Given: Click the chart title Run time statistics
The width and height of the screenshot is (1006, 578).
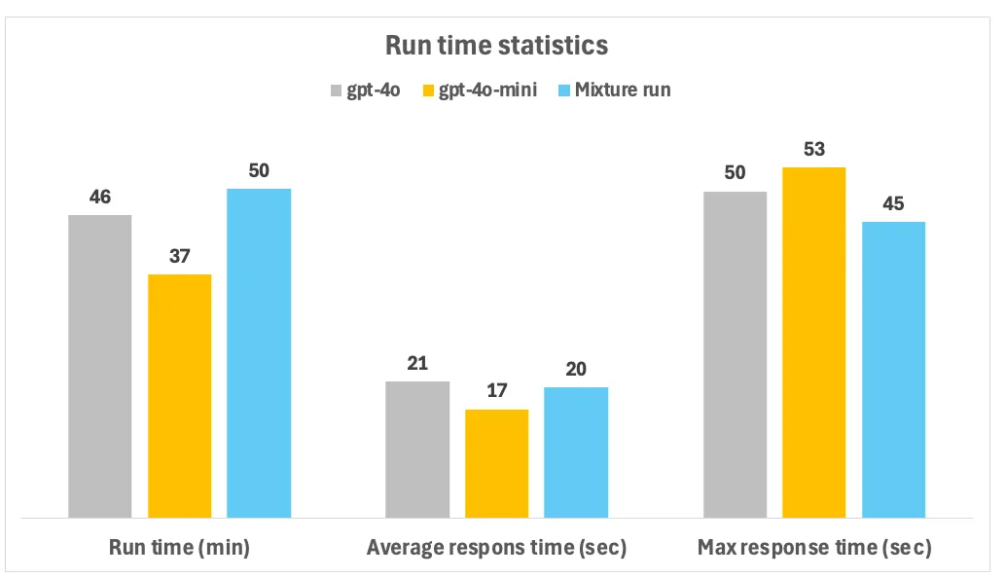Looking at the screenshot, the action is point(496,46).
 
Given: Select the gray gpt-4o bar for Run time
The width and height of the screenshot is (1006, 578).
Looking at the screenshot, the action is point(100,366).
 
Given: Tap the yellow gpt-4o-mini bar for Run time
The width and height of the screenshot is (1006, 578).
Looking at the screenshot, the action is point(180,396).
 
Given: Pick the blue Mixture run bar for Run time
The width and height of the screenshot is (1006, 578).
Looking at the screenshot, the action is point(259,353).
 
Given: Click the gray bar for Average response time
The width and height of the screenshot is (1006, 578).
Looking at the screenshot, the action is point(417,450).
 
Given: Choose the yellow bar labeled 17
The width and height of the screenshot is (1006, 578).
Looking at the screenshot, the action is point(496,463).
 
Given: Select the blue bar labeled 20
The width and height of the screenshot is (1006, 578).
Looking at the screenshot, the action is point(576,452).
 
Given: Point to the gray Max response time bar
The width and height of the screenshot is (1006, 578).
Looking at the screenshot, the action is point(736,355).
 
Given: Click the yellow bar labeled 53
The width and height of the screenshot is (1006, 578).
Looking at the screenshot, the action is point(814,343).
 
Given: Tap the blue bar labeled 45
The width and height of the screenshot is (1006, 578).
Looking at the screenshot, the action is point(894,370).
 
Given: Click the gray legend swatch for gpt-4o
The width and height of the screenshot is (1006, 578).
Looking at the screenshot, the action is point(337,90).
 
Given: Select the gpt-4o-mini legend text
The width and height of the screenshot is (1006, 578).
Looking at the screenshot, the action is point(487,90).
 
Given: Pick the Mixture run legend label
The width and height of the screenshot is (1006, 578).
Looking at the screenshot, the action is point(623,90).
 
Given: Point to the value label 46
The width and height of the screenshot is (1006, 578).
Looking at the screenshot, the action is point(100,197).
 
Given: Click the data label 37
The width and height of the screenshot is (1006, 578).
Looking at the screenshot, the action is point(180,257).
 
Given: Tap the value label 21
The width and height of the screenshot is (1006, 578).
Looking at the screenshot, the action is point(417,364).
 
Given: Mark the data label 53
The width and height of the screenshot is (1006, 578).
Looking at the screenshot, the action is point(814,150).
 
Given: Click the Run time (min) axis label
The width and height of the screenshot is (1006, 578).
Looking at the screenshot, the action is point(180,547).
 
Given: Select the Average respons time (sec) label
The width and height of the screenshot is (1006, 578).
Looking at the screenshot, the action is point(496,547).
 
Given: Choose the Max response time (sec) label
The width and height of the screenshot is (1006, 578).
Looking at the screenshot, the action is point(814,547).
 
